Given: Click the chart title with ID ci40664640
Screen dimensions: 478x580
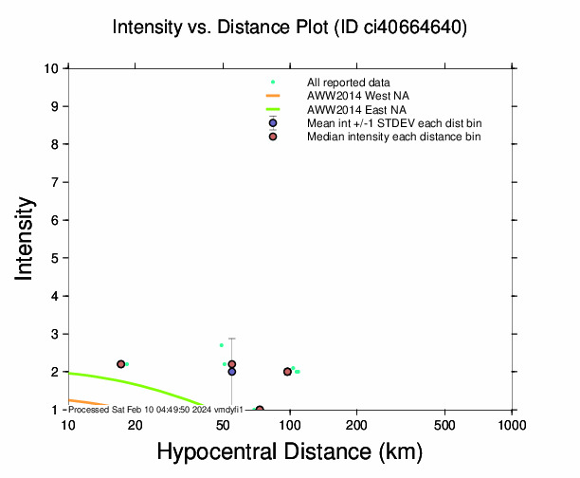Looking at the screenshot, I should tap(289, 28).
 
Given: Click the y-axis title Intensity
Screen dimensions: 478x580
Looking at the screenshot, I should tap(26, 238).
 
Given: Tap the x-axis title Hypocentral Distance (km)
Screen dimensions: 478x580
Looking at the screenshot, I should tap(289, 452).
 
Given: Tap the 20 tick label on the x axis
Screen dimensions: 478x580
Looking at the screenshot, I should tap(135, 424).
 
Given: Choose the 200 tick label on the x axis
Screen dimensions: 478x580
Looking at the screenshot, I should tap(357, 424).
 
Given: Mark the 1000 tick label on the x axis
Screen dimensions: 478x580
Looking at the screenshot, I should tap(512, 424).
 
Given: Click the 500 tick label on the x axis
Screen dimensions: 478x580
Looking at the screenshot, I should tap(445, 424).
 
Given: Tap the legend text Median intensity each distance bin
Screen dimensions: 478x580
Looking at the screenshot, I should tap(393, 137).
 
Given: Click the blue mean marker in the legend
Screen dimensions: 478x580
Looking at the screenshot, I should tap(273, 122).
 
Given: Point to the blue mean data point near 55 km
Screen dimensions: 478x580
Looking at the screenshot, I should tap(231, 372).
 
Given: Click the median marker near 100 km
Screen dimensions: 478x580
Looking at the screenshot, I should tap(287, 372).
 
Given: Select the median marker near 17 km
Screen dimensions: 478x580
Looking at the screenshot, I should tap(120, 364).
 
